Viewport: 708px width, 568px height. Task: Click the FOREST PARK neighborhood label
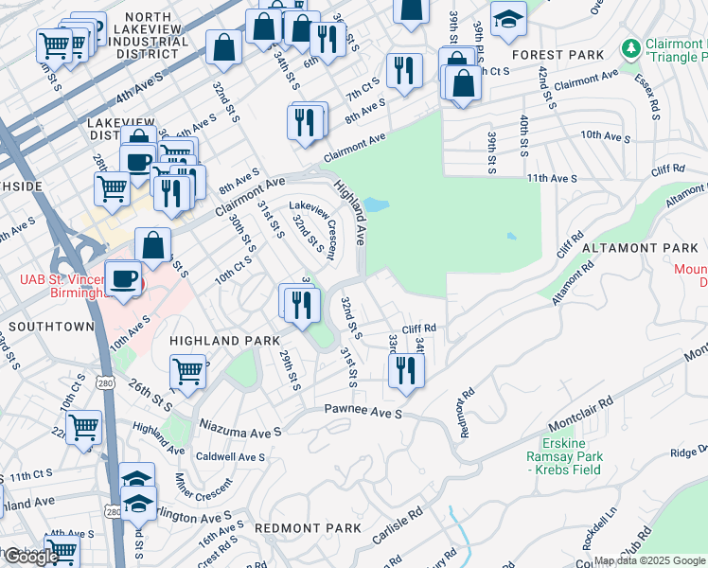(x=558, y=55)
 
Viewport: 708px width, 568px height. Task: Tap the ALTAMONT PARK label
(x=639, y=248)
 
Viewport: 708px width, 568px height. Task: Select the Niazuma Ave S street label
(x=239, y=429)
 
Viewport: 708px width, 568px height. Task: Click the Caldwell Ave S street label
(x=229, y=456)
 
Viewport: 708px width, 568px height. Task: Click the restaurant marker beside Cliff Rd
(x=406, y=369)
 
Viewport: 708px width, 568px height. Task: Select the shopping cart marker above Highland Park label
(x=188, y=371)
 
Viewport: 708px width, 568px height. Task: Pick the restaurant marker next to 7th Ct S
(x=404, y=69)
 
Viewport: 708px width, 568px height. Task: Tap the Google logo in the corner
(x=30, y=557)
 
